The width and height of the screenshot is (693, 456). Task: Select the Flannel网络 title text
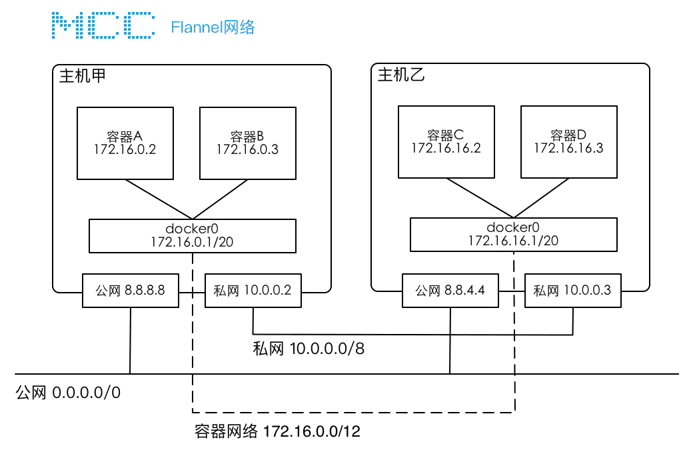coord(213,27)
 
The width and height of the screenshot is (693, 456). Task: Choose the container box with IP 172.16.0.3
coord(247,143)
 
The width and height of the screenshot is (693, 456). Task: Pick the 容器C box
coord(446,141)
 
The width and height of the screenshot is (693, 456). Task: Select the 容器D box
coord(568,141)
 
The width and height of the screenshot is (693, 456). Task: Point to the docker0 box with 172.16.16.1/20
coord(513,234)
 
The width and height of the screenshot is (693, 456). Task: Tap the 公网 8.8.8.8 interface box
coord(131,291)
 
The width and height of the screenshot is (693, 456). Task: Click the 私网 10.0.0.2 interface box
coord(253,291)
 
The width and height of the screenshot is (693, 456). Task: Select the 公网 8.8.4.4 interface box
coord(450,290)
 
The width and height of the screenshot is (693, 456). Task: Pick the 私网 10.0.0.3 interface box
coord(573,290)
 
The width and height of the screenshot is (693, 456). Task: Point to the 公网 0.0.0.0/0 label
coord(68,392)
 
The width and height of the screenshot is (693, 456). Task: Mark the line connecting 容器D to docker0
coord(542,198)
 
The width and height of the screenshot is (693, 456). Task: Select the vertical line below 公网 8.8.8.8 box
coord(131,340)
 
